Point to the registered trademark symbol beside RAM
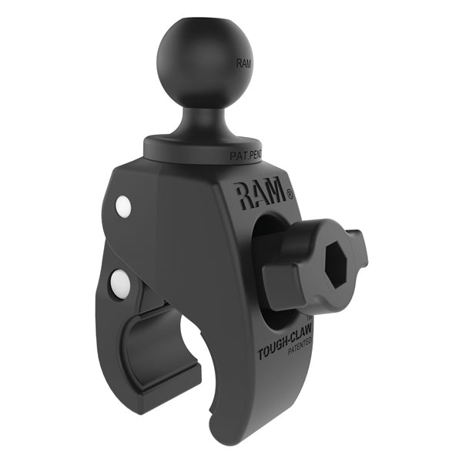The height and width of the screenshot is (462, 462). click(290, 196)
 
